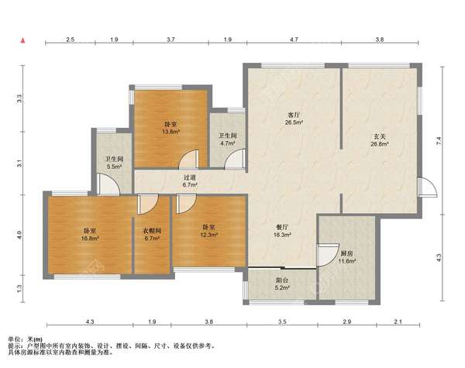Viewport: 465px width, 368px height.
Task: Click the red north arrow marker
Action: click(x=22, y=40)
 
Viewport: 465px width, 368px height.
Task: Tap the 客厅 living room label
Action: click(x=294, y=115)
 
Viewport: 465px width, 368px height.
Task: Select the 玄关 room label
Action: click(x=379, y=137)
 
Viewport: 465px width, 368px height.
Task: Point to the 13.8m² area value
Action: click(x=170, y=132)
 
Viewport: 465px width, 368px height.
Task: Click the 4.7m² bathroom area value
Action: click(x=227, y=143)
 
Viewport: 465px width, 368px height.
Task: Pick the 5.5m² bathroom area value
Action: click(x=115, y=167)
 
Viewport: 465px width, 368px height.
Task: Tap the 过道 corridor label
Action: click(x=190, y=177)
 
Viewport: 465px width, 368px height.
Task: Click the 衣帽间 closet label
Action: click(x=152, y=230)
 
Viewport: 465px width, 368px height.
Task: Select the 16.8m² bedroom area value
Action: click(x=90, y=238)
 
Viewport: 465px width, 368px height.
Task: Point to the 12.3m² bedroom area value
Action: click(x=209, y=235)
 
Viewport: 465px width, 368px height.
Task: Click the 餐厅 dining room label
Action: click(x=282, y=227)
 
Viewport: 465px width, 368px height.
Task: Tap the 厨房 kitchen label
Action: click(x=346, y=254)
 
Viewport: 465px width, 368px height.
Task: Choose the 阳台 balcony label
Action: click(x=282, y=280)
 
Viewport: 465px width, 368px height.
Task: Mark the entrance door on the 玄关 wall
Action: click(x=427, y=187)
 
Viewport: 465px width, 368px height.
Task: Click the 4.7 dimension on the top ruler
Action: click(x=294, y=40)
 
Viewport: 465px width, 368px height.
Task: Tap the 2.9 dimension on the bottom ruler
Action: click(x=346, y=322)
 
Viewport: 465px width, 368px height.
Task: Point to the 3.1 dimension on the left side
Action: click(x=19, y=163)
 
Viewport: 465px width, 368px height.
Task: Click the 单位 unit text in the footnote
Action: click(x=14, y=339)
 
